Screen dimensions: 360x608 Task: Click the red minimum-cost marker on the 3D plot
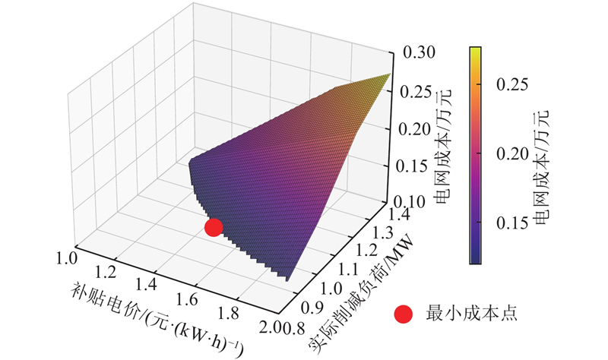pos(214,226)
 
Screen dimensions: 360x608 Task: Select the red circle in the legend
pos(405,313)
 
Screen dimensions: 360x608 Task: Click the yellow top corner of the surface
pos(388,76)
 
